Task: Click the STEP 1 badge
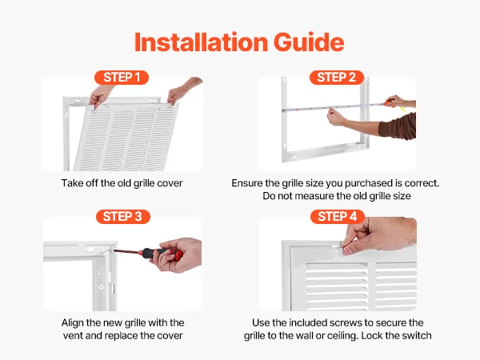point(122,78)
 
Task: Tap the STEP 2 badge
point(337,78)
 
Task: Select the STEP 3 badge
point(122,217)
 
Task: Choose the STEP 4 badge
point(338,217)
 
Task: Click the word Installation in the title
point(201,42)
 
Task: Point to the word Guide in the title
point(309,42)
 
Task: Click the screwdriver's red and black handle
point(162,254)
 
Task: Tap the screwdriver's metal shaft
point(127,252)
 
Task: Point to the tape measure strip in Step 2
point(334,107)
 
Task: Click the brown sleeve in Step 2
point(398,126)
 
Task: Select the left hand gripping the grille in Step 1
point(101,95)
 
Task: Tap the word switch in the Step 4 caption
point(418,335)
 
